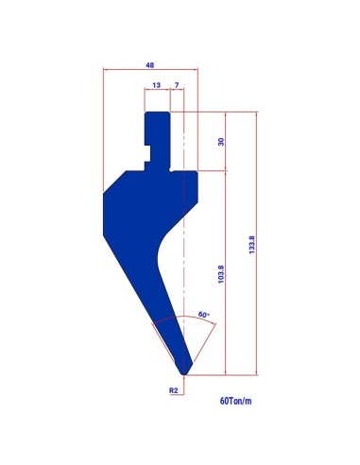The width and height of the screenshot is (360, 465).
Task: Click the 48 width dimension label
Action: [150, 65]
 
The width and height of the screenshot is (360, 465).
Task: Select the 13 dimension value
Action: [156, 85]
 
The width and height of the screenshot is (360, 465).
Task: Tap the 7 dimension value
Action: [177, 85]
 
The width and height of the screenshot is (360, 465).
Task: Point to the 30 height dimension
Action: [221, 142]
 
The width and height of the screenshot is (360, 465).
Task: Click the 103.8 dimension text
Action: [221, 274]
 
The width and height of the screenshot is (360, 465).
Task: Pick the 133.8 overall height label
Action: [252, 245]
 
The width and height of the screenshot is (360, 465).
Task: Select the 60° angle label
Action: [204, 315]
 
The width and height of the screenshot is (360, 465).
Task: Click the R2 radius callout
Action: [174, 390]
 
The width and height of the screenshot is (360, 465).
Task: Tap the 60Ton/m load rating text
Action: [235, 401]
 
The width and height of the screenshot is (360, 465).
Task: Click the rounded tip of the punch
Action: [184, 373]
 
